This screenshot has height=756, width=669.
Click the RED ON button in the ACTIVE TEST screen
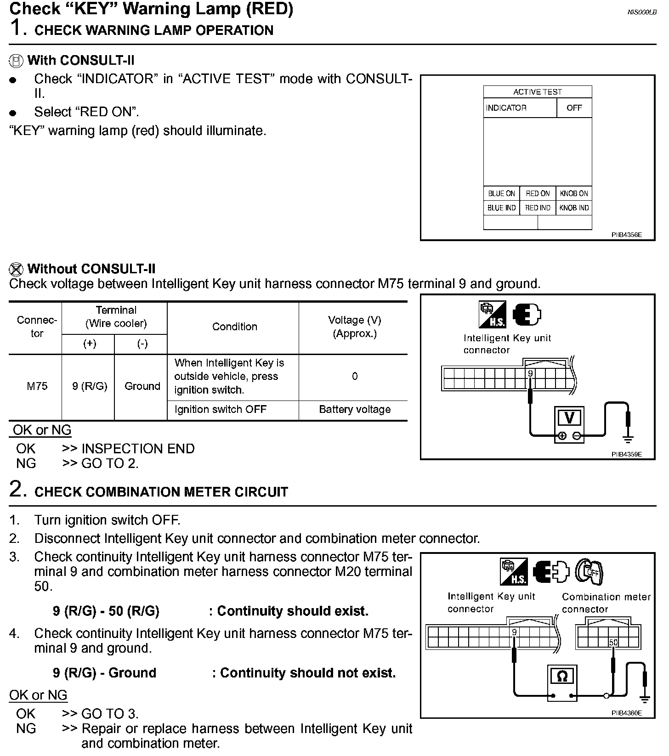(538, 194)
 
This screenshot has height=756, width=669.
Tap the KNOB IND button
(574, 208)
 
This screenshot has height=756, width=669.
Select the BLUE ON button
(501, 194)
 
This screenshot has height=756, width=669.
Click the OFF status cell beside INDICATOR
(574, 108)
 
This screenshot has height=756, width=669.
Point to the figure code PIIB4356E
(626, 235)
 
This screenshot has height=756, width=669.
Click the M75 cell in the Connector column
(37, 386)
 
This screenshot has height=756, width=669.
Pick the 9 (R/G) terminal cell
(90, 386)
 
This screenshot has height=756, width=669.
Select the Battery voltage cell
(355, 410)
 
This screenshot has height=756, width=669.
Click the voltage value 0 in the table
(355, 377)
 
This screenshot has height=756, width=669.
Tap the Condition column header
(234, 327)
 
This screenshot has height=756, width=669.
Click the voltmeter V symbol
(569, 418)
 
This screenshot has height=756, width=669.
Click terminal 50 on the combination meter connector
(613, 643)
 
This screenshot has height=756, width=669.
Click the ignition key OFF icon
(590, 572)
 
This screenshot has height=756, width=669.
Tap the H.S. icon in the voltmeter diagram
(492, 315)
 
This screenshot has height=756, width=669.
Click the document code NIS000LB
(641, 12)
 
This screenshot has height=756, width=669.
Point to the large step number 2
(16, 489)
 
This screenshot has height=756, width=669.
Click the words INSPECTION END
(138, 449)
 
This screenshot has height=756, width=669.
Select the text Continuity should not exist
(307, 673)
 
